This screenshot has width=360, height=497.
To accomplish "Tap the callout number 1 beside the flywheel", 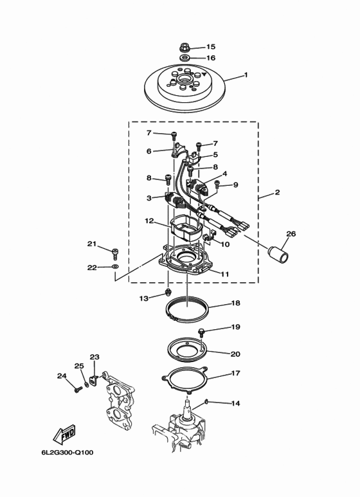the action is pos(246,75).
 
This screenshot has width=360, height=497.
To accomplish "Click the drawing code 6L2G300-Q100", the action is pos(67,452).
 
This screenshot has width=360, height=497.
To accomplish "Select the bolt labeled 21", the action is pos(115,254).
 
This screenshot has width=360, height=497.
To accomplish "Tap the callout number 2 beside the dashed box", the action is pos(277,192).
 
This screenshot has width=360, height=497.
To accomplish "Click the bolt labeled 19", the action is pos(202,332).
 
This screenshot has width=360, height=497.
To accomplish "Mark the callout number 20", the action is pos(235,354).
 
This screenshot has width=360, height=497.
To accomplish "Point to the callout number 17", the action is pos(235,374).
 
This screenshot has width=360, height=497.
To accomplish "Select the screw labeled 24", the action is pos(78,390).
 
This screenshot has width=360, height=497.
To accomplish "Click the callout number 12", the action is pos(149,221).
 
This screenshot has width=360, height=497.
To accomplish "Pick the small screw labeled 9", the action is pos(217,184).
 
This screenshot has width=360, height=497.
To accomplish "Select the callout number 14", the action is pos(235,404).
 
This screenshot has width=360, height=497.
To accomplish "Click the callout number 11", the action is pos(224,274).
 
